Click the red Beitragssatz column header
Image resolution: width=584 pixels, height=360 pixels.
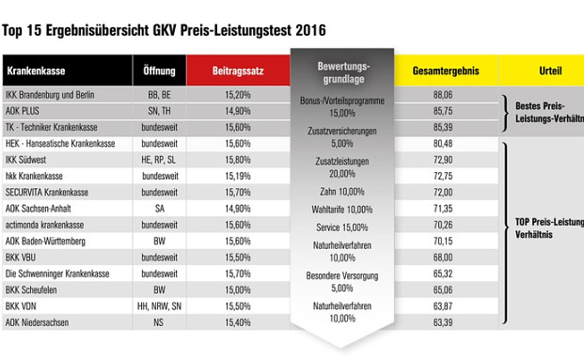point(237,70)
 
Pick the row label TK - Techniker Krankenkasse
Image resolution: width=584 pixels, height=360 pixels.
point(53,127)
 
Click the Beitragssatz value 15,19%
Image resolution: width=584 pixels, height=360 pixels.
point(237,176)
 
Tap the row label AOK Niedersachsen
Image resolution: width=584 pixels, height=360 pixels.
point(39,321)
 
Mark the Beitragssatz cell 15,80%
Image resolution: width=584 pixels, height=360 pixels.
point(237,160)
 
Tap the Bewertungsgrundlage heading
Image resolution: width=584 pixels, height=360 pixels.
point(342,73)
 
